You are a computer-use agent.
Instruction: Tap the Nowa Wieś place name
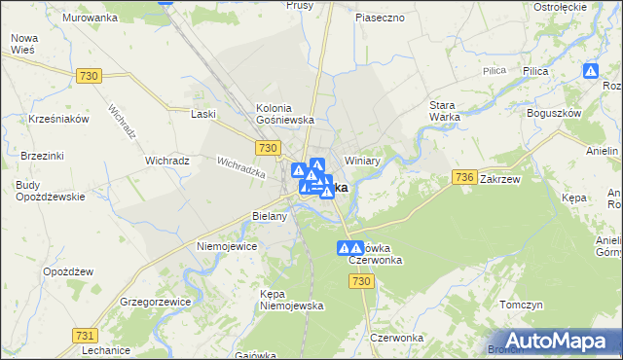coord(23,44)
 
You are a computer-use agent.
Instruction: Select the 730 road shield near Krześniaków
coord(90,76)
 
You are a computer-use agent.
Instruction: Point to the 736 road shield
coord(463,177)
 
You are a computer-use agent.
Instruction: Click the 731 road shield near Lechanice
coord(84,335)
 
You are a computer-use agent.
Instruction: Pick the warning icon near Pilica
coord(591,71)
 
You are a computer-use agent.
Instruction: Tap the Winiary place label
coord(361,161)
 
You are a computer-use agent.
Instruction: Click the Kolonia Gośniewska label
coord(283,113)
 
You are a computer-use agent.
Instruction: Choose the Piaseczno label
coord(380,18)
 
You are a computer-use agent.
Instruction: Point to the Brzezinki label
coord(40,155)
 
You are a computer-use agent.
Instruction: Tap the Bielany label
coord(270,216)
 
